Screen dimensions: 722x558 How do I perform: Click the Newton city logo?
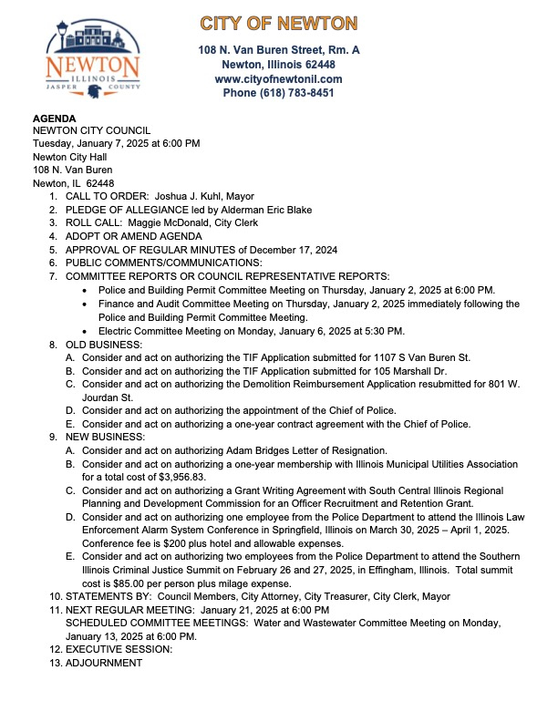(93, 60)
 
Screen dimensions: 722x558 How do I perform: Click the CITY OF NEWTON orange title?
(279, 23)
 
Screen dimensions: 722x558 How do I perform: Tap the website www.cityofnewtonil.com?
(279, 79)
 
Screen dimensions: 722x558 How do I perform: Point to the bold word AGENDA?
(55, 119)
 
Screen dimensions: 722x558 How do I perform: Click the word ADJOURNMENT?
(104, 662)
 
